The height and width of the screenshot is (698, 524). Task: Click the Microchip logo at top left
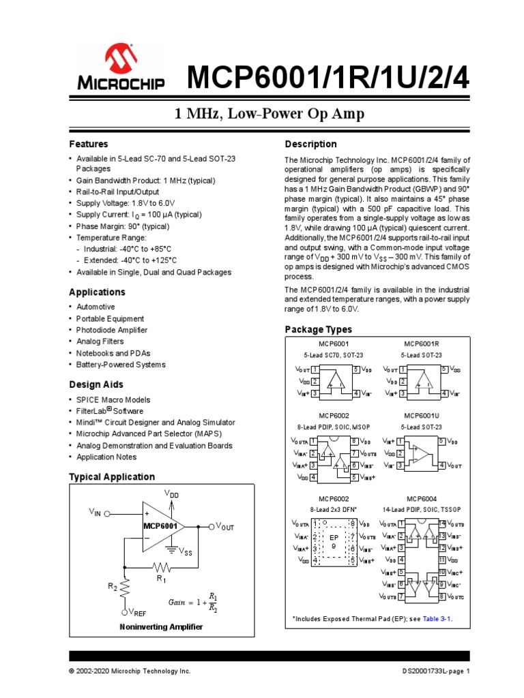coord(120,67)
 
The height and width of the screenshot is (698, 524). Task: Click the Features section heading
coord(89,145)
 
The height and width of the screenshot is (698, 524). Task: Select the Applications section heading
coord(98,292)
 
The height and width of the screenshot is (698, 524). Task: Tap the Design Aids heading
coord(96,385)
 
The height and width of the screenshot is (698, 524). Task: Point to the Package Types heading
coord(318,330)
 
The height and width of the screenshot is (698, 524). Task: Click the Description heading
coord(310,145)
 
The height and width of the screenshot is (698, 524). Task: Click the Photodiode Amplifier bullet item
coord(112,331)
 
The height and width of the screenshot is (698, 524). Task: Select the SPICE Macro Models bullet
coord(113,400)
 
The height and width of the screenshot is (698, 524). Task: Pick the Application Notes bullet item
coord(106,457)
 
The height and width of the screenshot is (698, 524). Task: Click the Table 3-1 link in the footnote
coord(437,619)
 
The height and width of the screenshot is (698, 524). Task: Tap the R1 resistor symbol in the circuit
coord(161,567)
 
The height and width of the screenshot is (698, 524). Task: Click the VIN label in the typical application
coord(95,512)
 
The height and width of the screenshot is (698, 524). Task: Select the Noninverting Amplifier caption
coord(161,627)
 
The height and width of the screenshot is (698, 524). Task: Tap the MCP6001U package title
coord(422,416)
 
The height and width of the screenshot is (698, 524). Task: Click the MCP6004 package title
coord(422,499)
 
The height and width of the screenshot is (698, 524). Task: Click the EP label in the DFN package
coord(334,538)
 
